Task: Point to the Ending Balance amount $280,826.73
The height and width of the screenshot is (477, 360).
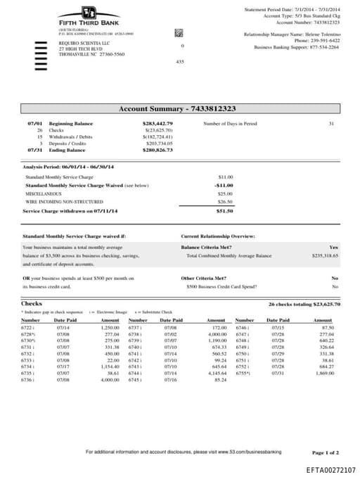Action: (x=157, y=150)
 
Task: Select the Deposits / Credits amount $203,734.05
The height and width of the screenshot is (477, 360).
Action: (x=159, y=144)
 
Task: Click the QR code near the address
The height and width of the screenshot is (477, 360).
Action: (x=179, y=33)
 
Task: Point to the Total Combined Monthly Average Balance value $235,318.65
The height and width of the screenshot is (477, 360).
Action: (x=325, y=256)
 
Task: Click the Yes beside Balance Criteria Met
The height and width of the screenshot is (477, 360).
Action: (x=334, y=248)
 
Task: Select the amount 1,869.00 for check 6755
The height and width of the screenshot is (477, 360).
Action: (x=323, y=373)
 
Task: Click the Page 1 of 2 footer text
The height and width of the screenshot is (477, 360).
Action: (x=325, y=452)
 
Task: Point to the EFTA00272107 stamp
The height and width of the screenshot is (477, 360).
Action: (x=331, y=469)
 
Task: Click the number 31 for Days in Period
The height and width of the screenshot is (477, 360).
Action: (x=330, y=124)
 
